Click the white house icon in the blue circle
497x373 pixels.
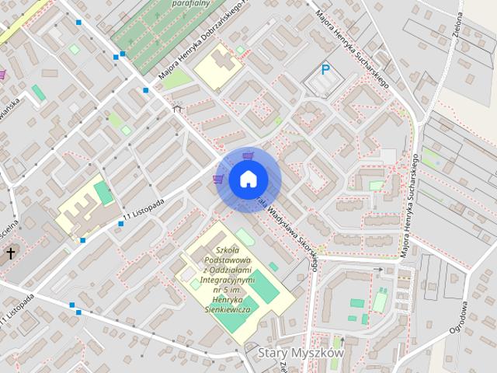tap(247, 179)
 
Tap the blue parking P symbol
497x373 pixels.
tap(326, 70)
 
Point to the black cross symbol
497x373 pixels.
tap(11, 253)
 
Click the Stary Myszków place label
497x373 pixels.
tap(299, 353)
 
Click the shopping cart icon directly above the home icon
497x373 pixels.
tap(247, 155)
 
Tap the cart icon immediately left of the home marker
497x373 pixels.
tap(217, 180)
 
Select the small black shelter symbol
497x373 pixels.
tap(177, 110)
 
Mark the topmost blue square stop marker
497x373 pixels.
tap(80, 23)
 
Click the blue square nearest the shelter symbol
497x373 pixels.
tap(145, 91)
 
